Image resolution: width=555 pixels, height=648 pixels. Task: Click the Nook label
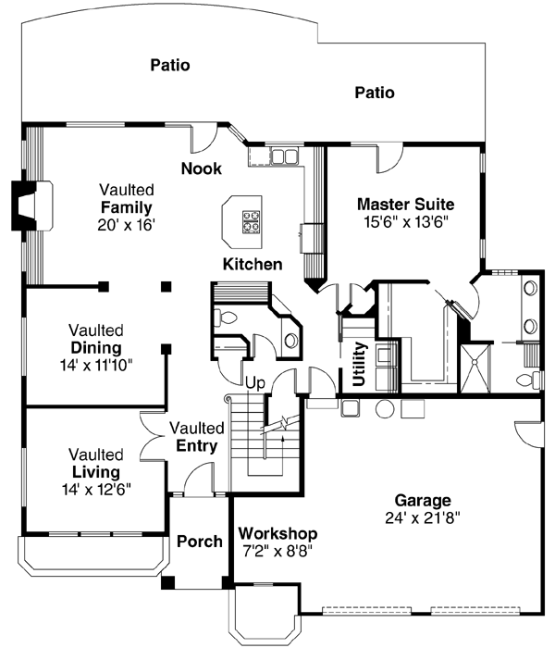(201, 168)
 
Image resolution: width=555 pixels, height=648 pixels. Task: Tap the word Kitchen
(252, 265)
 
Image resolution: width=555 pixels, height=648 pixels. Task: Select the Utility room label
(359, 364)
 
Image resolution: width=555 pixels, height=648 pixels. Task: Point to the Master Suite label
(405, 204)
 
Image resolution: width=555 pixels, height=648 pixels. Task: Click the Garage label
(422, 501)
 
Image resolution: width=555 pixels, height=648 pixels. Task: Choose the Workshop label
(277, 534)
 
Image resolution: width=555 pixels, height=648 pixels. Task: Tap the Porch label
(199, 542)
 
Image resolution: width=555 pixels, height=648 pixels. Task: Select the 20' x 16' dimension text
(126, 224)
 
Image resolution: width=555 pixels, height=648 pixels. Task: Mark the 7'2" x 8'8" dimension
(277, 551)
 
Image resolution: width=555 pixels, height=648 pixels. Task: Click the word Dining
(96, 348)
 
